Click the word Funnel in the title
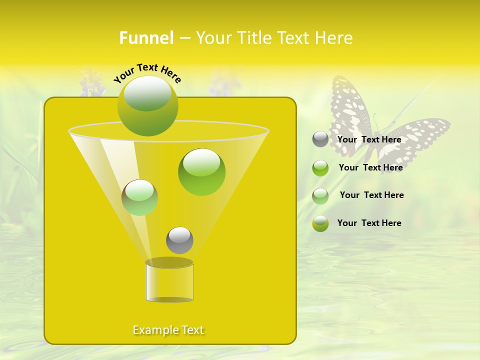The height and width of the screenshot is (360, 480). pyautogui.click(x=146, y=37)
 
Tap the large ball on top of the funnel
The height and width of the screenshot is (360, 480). pyautogui.click(x=147, y=105)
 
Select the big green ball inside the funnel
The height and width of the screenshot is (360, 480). pyautogui.click(x=201, y=171)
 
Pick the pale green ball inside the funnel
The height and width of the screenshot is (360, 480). pyautogui.click(x=139, y=197)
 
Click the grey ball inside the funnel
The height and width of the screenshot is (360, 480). pyautogui.click(x=179, y=240)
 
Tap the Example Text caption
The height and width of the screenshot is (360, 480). pyautogui.click(x=168, y=330)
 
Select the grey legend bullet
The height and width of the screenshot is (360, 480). pyautogui.click(x=320, y=139)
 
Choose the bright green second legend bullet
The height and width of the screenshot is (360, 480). pyautogui.click(x=320, y=168)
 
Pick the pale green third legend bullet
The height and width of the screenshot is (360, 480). pyautogui.click(x=320, y=196)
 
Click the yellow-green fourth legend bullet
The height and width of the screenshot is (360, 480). pyautogui.click(x=320, y=223)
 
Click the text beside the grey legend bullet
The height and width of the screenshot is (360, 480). pyautogui.click(x=369, y=139)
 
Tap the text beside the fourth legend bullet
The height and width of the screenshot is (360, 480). pyautogui.click(x=369, y=223)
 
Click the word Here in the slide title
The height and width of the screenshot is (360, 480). pyautogui.click(x=333, y=37)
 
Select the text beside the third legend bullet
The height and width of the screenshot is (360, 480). pyautogui.click(x=371, y=195)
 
